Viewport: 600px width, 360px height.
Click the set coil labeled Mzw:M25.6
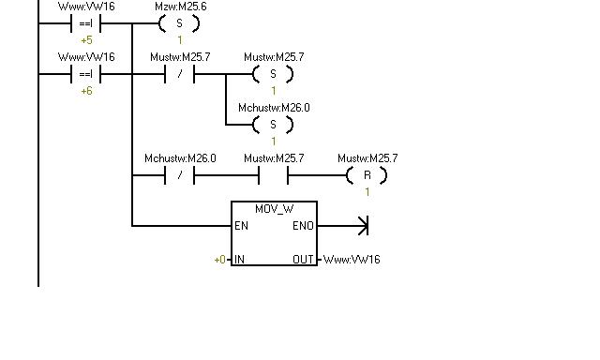(x=179, y=23)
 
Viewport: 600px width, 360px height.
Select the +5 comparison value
(x=86, y=40)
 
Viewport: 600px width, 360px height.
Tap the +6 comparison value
(x=86, y=91)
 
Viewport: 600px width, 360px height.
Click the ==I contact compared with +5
(x=85, y=23)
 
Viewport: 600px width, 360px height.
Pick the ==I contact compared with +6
(x=85, y=74)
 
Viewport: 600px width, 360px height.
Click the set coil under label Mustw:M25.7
(x=273, y=74)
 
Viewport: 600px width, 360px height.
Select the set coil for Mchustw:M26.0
(x=273, y=125)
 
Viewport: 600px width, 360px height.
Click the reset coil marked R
(x=367, y=175)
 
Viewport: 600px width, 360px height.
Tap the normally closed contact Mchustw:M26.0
(x=179, y=175)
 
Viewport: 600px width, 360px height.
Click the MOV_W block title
(x=274, y=209)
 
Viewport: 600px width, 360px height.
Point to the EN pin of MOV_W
(x=241, y=226)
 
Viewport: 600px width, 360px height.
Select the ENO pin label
(x=303, y=226)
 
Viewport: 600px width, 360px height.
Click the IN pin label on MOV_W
(x=239, y=260)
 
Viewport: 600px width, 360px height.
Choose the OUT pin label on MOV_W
(x=303, y=260)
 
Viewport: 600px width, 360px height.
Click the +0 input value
(x=220, y=260)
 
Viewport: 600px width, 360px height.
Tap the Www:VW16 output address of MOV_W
(x=352, y=260)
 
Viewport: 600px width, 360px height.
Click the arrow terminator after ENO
(x=363, y=226)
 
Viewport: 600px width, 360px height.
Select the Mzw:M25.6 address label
(x=181, y=7)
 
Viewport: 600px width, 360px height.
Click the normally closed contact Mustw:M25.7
(x=179, y=74)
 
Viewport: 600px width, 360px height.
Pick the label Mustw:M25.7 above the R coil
(x=367, y=158)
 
